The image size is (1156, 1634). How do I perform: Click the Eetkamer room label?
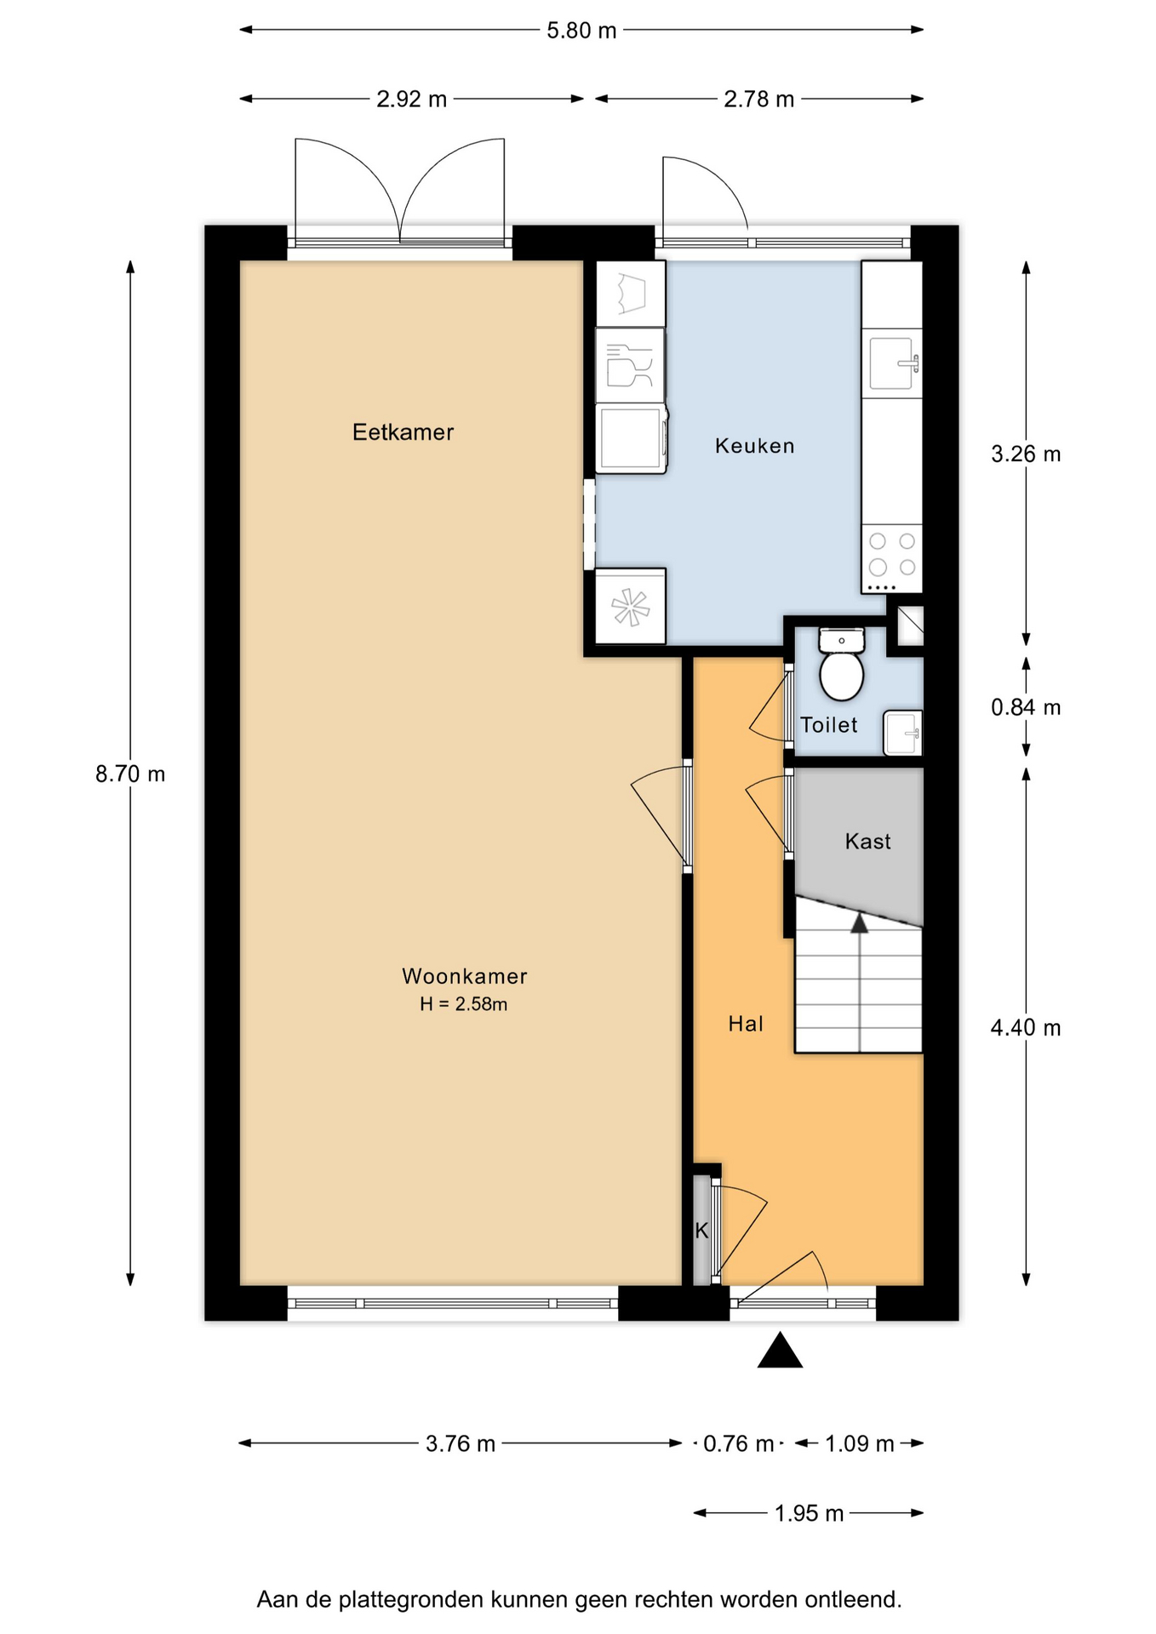403,432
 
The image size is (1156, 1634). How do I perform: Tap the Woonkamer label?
465,976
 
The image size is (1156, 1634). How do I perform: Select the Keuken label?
754,446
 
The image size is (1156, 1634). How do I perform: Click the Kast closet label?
867,842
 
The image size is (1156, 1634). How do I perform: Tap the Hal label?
746,1024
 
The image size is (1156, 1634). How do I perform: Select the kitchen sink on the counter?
892,363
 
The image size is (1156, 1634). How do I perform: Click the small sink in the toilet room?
902,733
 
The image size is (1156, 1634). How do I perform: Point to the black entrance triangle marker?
780,1351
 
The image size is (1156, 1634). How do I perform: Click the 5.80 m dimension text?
581,31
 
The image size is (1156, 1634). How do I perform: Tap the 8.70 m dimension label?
130,774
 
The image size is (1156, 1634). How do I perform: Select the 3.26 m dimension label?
1026,454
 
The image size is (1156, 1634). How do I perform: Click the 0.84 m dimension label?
1026,707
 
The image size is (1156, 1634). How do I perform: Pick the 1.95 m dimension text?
809,1514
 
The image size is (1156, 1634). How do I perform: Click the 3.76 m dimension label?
461,1444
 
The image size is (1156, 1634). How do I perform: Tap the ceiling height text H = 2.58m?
464,1004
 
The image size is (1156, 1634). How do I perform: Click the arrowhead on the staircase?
860,923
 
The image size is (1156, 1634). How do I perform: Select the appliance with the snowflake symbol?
630,606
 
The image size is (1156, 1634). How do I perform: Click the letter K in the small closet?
701,1231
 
